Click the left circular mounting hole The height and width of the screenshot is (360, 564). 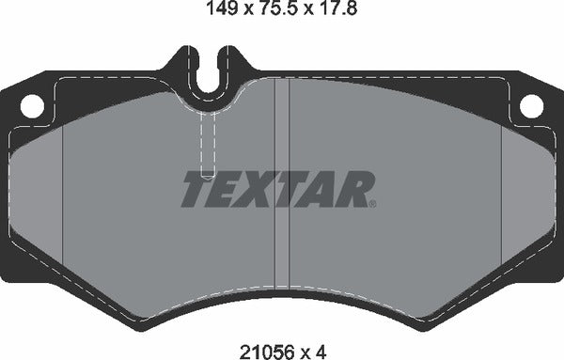pos(31,107)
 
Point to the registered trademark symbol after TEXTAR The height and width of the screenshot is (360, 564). pos(373,203)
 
